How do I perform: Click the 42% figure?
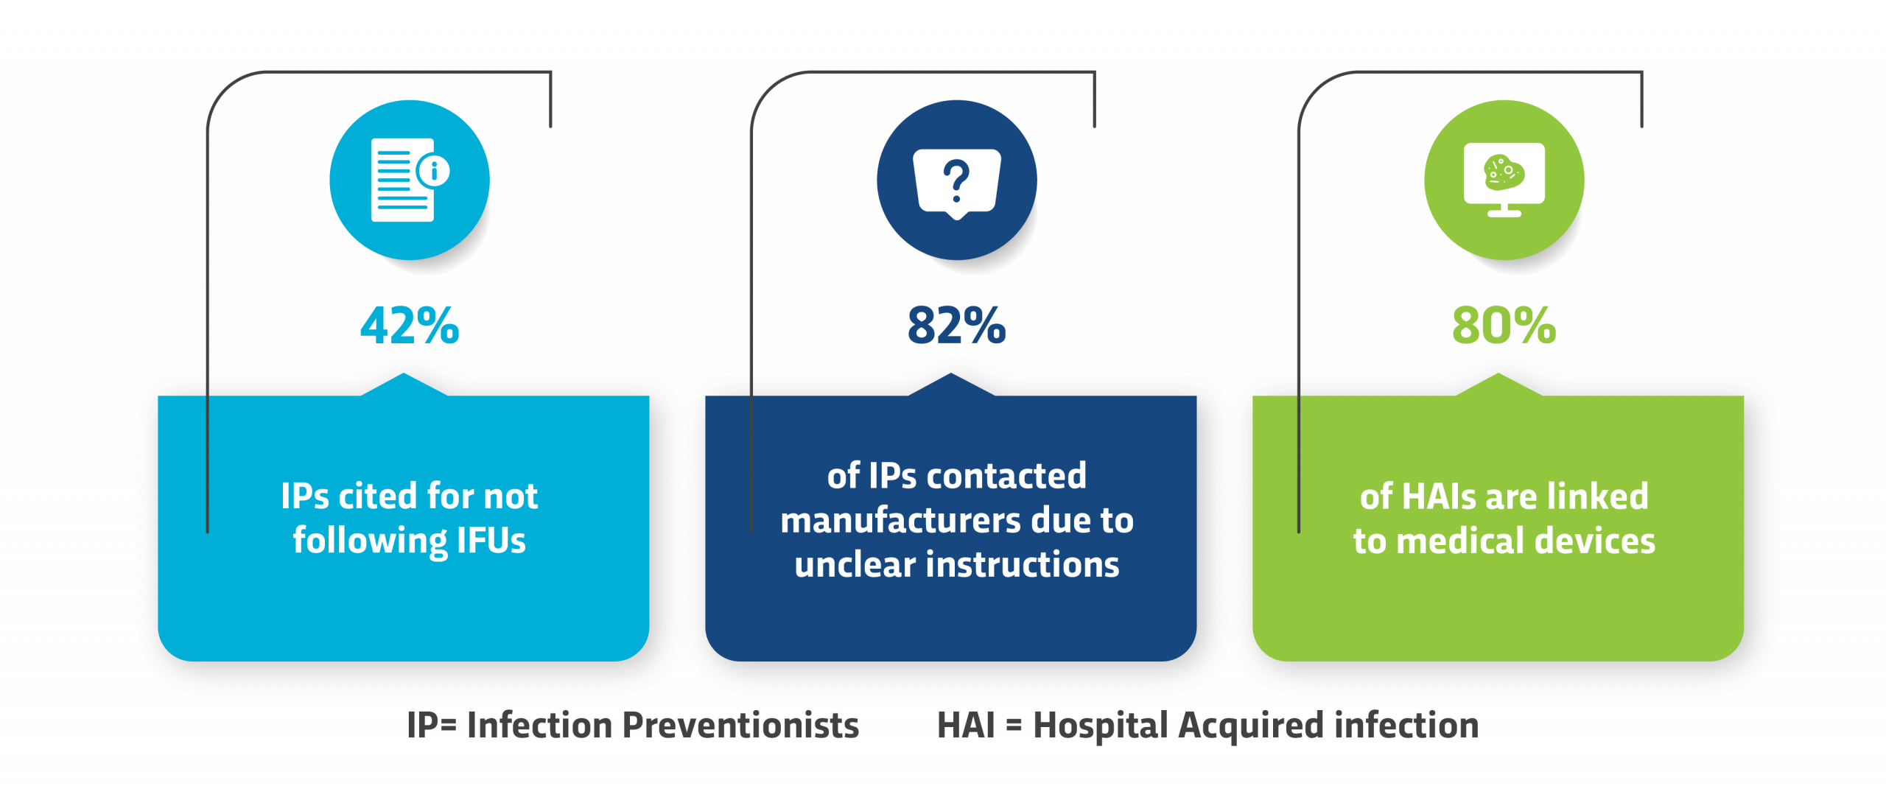click(410, 325)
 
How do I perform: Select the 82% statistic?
click(956, 325)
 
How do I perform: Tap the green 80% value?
click(1504, 325)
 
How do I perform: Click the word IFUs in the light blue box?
click(491, 541)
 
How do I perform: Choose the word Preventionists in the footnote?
click(740, 726)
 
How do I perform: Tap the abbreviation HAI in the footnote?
click(966, 726)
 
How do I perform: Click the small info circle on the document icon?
click(434, 171)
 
